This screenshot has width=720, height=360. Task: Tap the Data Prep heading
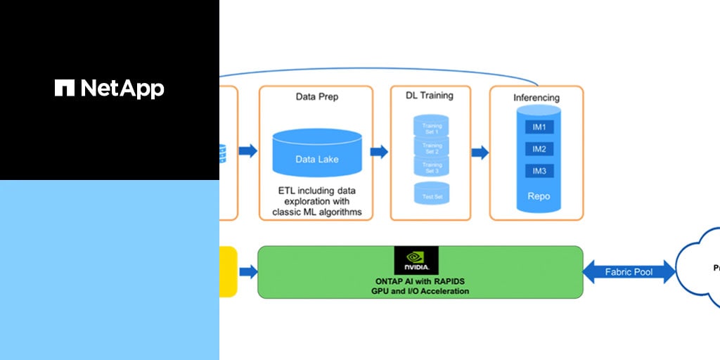(x=316, y=96)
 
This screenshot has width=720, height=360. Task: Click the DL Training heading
(x=430, y=95)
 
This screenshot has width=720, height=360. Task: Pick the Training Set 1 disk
(x=431, y=129)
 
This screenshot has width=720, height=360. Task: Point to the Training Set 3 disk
(x=431, y=167)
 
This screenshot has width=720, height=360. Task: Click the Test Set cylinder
(x=432, y=194)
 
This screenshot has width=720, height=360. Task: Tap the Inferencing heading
(x=536, y=97)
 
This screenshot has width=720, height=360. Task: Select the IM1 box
(x=539, y=127)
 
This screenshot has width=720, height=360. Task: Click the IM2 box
(x=539, y=149)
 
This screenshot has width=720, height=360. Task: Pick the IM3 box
(x=539, y=171)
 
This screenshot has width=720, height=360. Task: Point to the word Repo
(x=539, y=196)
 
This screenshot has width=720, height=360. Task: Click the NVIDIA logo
(x=416, y=260)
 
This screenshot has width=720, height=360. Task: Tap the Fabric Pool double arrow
(x=629, y=271)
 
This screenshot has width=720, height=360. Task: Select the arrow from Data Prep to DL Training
(x=380, y=152)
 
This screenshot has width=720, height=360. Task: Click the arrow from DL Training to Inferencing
(x=480, y=153)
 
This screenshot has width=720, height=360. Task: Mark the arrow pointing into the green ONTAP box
(x=248, y=271)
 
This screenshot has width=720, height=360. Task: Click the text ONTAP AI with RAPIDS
(x=421, y=281)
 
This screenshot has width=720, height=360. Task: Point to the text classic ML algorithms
(x=316, y=212)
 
